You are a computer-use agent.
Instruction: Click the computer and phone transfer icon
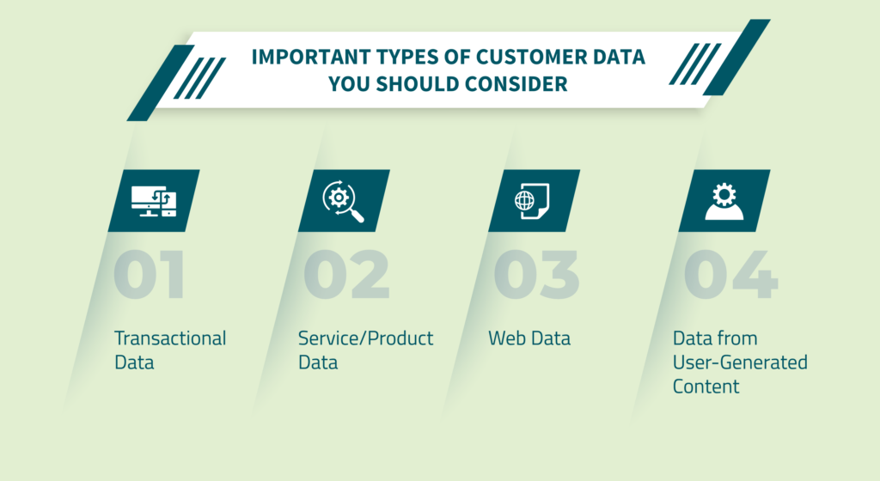pyautogui.click(x=154, y=201)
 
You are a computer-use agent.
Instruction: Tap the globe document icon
pyautogui.click(x=532, y=201)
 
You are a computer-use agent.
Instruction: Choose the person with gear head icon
pyautogui.click(x=724, y=201)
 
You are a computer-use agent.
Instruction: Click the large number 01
pyautogui.click(x=150, y=275)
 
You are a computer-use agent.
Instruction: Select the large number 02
pyautogui.click(x=346, y=275)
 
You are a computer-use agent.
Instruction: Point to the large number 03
pyautogui.click(x=536, y=275)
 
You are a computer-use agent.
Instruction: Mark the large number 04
pyautogui.click(x=730, y=275)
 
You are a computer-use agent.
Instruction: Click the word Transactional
pyautogui.click(x=170, y=338)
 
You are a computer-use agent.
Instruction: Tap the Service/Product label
pyautogui.click(x=365, y=338)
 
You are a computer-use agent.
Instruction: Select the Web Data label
pyautogui.click(x=529, y=338)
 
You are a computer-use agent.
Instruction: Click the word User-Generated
pyautogui.click(x=740, y=362)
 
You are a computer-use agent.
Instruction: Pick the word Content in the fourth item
pyautogui.click(x=706, y=387)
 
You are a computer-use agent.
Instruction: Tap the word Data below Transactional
pyautogui.click(x=134, y=362)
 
